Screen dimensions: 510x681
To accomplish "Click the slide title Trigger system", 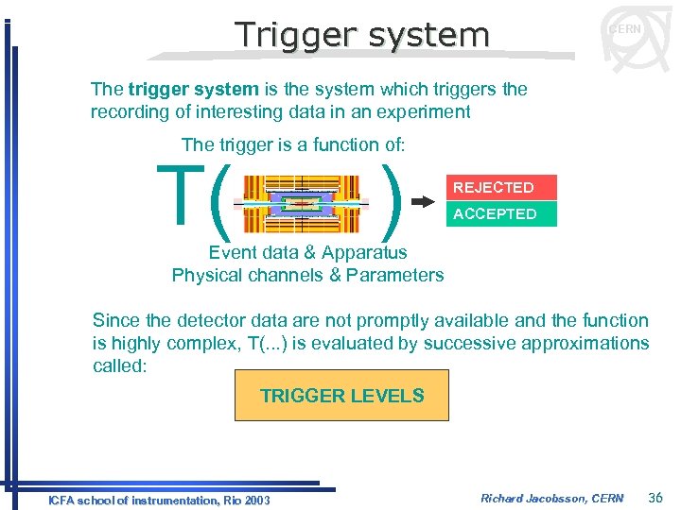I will pos(362,35).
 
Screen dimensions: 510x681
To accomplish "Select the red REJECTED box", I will pos(501,187).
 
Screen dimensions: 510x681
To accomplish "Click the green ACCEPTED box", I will pos(501,213).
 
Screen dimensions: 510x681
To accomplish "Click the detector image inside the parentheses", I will pos(302,202).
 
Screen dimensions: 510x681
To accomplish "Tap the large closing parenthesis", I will pos(391,201).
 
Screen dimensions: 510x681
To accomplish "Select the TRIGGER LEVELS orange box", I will pos(341,395).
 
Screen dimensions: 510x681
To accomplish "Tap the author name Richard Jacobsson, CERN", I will pos(551,498).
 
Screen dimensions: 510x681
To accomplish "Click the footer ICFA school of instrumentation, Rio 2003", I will pos(159,500).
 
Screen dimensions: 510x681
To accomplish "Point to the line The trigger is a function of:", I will pos(293,144).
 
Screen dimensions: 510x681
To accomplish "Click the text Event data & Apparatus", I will pos(307,252).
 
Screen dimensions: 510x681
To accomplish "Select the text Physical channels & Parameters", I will pos(307,275).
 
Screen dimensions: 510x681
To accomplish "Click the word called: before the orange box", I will pos(119,365).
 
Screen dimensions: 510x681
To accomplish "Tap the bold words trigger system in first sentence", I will pos(193,89).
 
